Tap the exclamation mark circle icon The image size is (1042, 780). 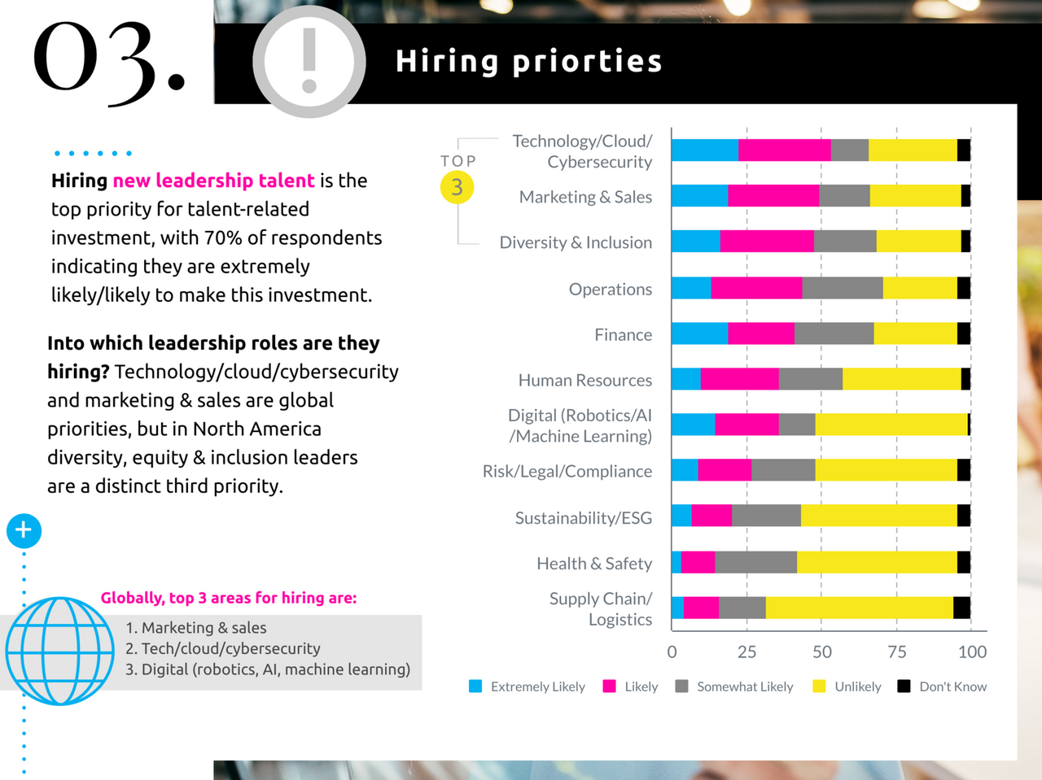pyautogui.click(x=309, y=62)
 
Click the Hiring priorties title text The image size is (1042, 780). pyautogui.click(x=528, y=62)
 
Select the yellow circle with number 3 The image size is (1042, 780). pyautogui.click(x=457, y=187)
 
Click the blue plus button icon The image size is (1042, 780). pyautogui.click(x=24, y=530)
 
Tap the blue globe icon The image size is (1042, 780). pyautogui.click(x=59, y=651)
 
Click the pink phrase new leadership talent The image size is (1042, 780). pyautogui.click(x=213, y=181)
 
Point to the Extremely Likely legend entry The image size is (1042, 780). pyautogui.click(x=528, y=686)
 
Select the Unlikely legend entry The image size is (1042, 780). pyautogui.click(x=847, y=686)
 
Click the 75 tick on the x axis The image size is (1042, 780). pyautogui.click(x=896, y=651)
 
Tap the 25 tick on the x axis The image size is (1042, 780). pyautogui.click(x=746, y=651)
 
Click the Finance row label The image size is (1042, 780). pyautogui.click(x=623, y=334)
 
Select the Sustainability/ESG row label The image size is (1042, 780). pyautogui.click(x=583, y=518)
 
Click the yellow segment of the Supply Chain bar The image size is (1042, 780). pyautogui.click(x=859, y=608)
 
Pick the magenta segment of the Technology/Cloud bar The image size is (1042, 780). pyautogui.click(x=785, y=150)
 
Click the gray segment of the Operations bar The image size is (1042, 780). pyautogui.click(x=842, y=288)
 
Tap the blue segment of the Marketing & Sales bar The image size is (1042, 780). pyautogui.click(x=699, y=196)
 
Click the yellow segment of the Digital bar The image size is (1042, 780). pyautogui.click(x=891, y=425)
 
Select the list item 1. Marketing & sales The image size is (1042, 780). pyautogui.click(x=196, y=628)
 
